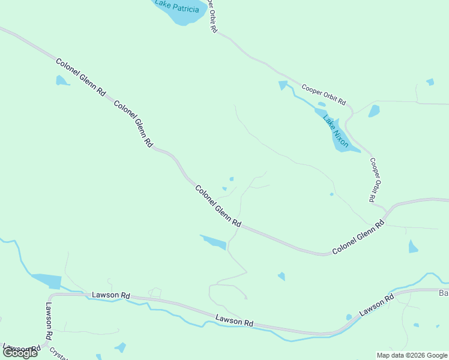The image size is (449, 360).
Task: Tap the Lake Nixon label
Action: coord(336,130)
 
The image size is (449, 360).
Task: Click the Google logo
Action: coord(20,353)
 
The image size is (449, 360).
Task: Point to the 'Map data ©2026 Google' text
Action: coord(412,355)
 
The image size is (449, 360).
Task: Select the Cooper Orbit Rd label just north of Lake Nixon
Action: coord(324,94)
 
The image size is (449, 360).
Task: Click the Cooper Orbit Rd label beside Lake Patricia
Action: coord(211,16)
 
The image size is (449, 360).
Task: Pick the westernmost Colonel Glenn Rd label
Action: coord(80,77)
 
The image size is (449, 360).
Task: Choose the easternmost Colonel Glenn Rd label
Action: coord(358,238)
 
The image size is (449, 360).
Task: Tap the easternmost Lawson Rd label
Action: coord(376,305)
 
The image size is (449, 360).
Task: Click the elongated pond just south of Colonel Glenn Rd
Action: coord(214,242)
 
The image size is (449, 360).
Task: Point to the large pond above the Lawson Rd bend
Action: coord(47,281)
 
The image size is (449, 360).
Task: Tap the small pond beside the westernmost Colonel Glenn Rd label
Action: coord(61,80)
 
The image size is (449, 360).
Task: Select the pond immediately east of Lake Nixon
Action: coord(374,111)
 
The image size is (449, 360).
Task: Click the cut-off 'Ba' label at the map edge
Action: coord(444,293)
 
